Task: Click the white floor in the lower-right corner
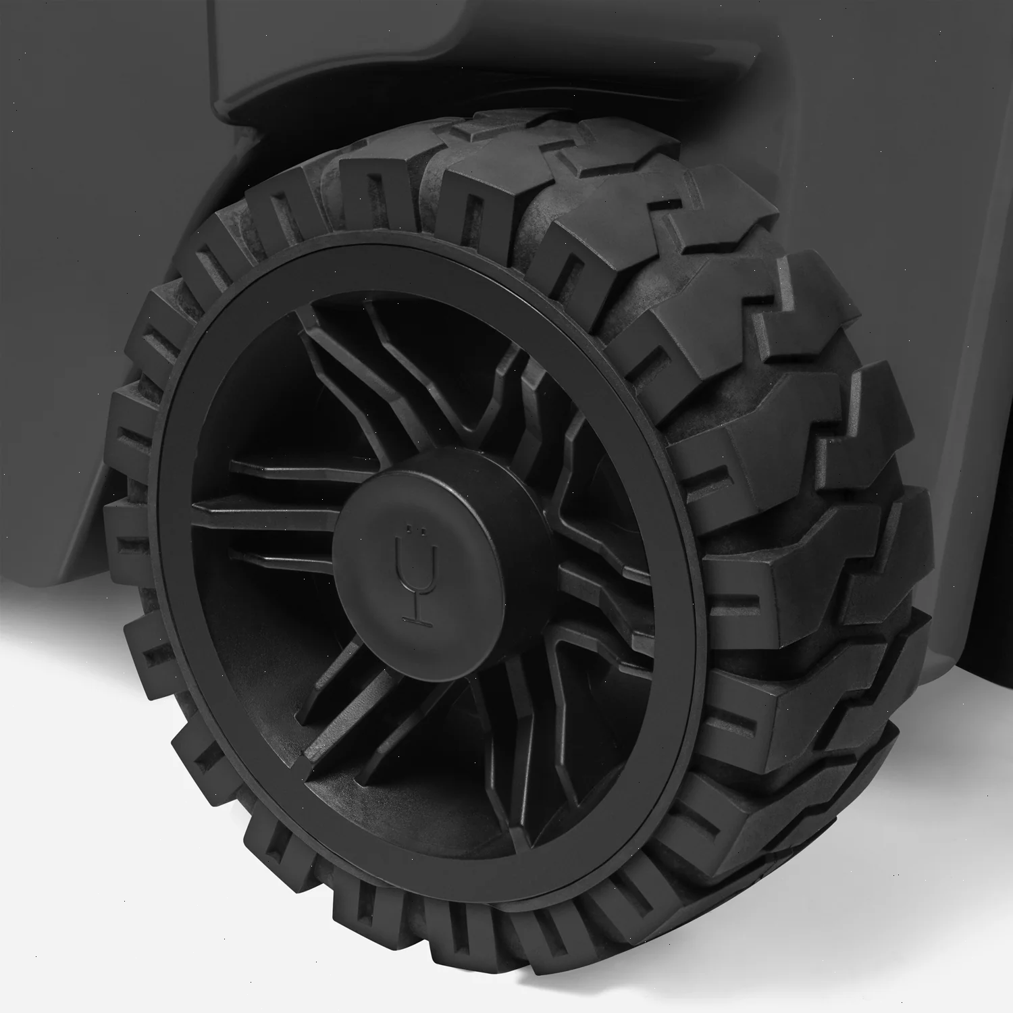(x=966, y=945)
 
